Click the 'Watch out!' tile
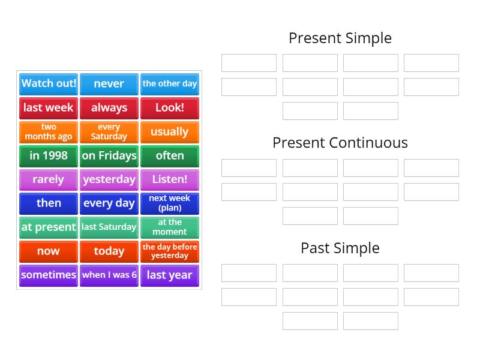(49, 84)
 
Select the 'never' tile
(109, 84)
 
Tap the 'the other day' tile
(170, 84)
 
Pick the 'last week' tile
(49, 108)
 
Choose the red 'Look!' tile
(170, 108)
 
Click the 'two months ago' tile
(49, 132)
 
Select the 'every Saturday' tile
(109, 132)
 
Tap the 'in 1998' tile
(49, 156)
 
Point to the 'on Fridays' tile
(109, 156)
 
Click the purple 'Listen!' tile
(170, 179)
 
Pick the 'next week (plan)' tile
(170, 203)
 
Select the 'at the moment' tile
(170, 227)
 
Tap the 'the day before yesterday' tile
(170, 251)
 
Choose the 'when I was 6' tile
(109, 275)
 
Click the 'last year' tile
(170, 275)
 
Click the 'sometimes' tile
(49, 275)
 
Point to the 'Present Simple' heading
(340, 38)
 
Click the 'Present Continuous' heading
(340, 143)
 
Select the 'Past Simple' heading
(340, 248)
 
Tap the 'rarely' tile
(49, 179)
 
